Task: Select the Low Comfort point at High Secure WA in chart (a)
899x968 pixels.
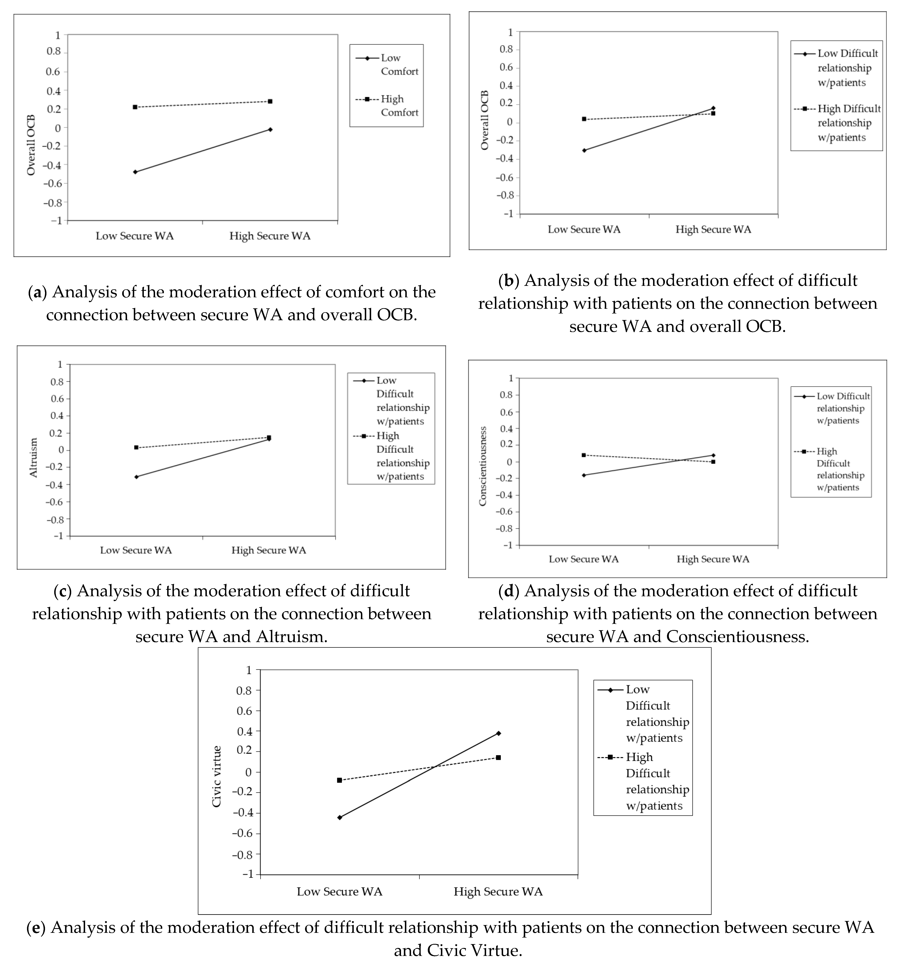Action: (x=270, y=129)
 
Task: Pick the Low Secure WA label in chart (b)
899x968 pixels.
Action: (x=584, y=229)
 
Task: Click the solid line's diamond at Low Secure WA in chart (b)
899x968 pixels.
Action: (x=584, y=150)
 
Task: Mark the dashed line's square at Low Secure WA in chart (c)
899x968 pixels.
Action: (x=136, y=447)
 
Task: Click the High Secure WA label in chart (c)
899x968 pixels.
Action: (x=268, y=550)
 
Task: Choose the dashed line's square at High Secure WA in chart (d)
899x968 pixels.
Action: (x=713, y=462)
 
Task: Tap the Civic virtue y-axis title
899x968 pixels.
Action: (x=216, y=776)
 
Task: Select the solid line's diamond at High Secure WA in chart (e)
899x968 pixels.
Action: (x=498, y=733)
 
